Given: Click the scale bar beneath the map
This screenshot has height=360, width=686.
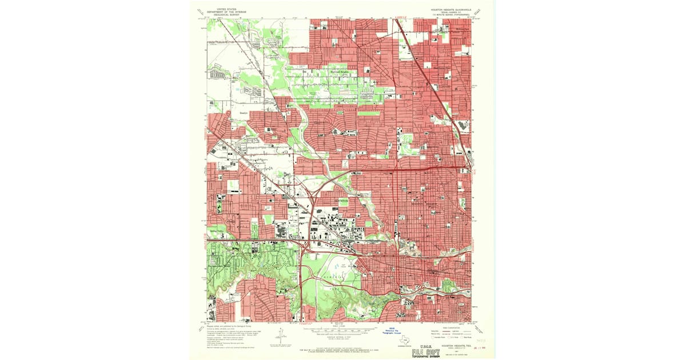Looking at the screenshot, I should coord(337,330).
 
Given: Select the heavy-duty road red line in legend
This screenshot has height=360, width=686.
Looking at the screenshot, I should coord(440,331).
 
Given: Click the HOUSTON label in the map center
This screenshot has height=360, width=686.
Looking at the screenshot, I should coord(341,201).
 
